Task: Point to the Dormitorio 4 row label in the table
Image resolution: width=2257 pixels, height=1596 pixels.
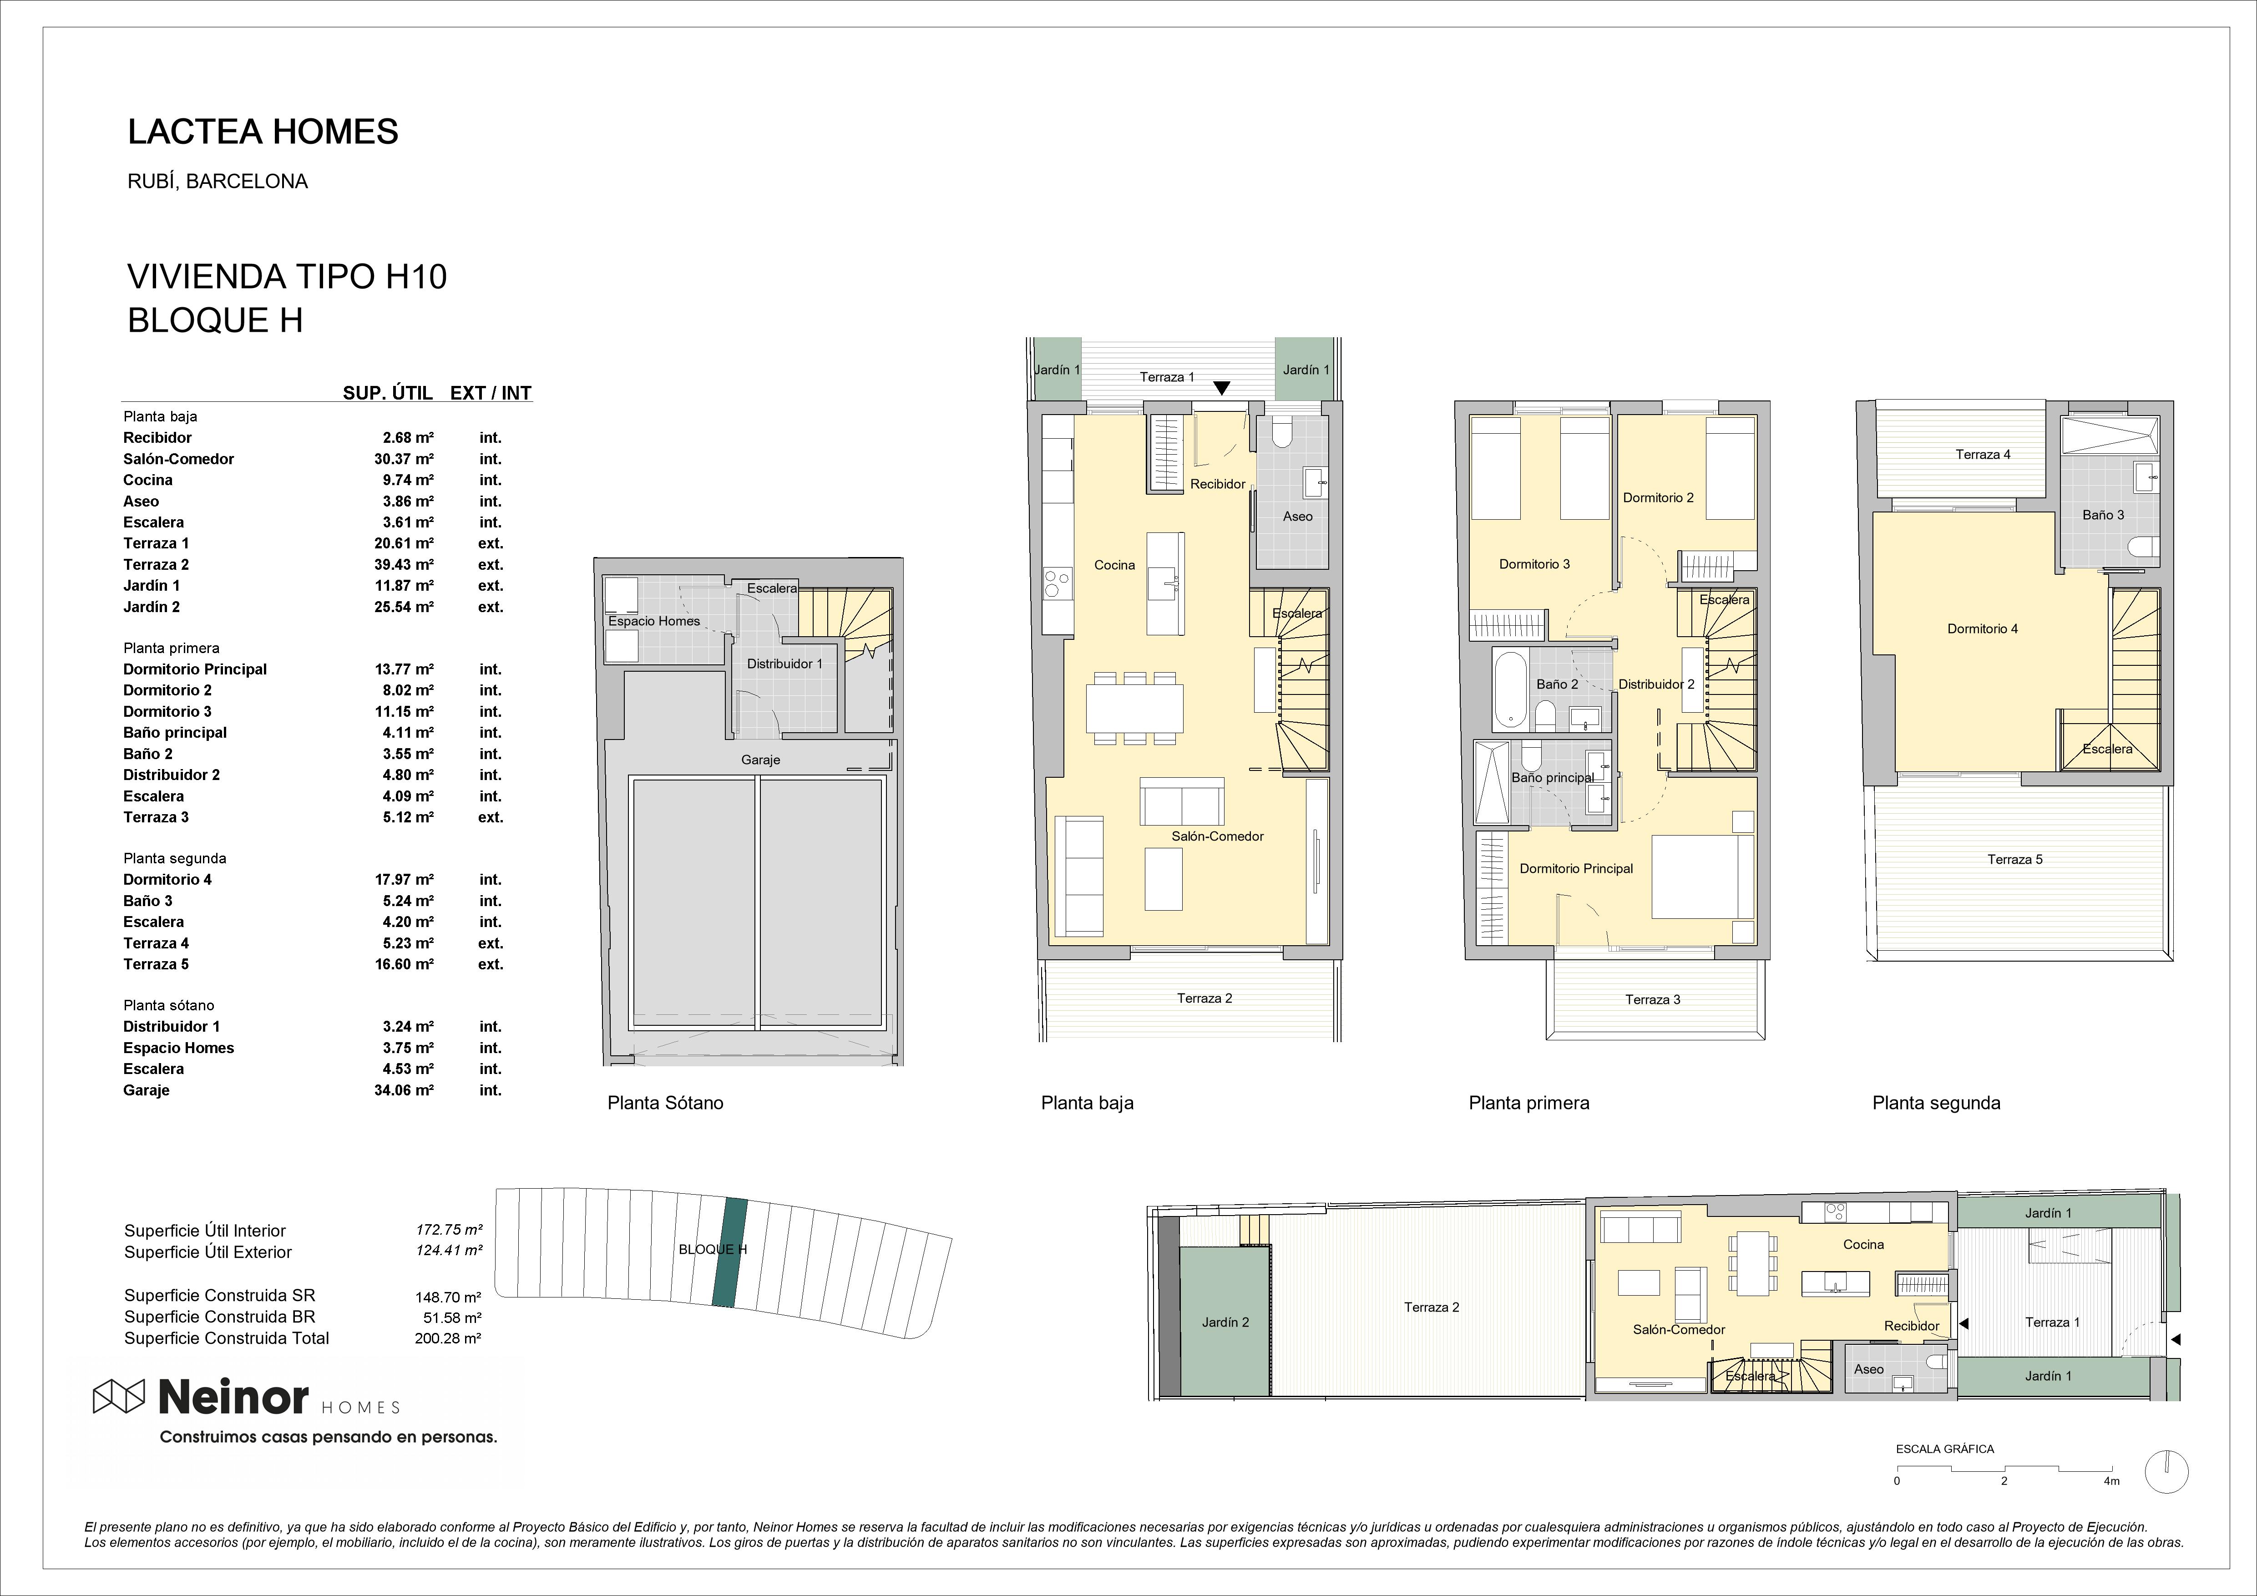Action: pos(167,879)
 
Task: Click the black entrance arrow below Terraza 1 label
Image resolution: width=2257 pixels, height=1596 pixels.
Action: pos(1221,389)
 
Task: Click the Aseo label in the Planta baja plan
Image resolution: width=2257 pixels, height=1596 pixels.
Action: pos(1298,516)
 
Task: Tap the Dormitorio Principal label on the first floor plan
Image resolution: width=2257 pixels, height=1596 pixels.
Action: pos(1576,868)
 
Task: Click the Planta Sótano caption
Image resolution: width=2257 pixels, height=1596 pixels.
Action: pos(666,1103)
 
